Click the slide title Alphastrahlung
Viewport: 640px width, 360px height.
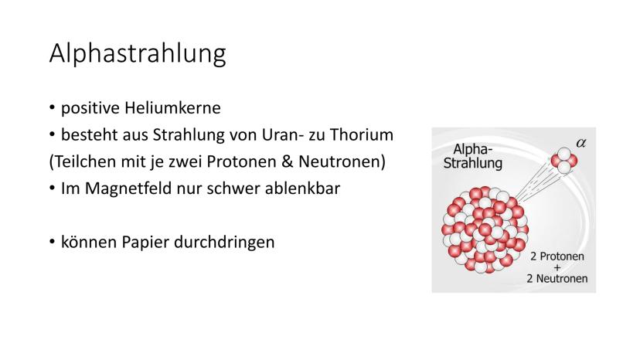click(138, 53)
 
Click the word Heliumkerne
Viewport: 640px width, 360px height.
click(172, 108)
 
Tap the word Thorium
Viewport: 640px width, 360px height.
click(362, 134)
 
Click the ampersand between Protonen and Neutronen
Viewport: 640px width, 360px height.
click(288, 161)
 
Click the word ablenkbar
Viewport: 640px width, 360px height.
click(302, 188)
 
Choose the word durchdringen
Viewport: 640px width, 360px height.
click(224, 242)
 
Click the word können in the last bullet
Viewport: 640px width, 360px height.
click(89, 242)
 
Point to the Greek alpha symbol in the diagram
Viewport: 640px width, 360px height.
click(581, 143)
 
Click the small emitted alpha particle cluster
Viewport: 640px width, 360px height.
click(564, 161)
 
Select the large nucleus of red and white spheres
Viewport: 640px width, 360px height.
click(485, 229)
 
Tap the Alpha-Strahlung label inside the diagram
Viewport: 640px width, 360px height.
click(472, 156)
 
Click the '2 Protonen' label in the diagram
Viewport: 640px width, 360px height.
click(557, 256)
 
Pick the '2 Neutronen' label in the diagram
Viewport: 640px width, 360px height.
click(557, 278)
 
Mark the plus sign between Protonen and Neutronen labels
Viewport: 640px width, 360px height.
click(557, 268)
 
